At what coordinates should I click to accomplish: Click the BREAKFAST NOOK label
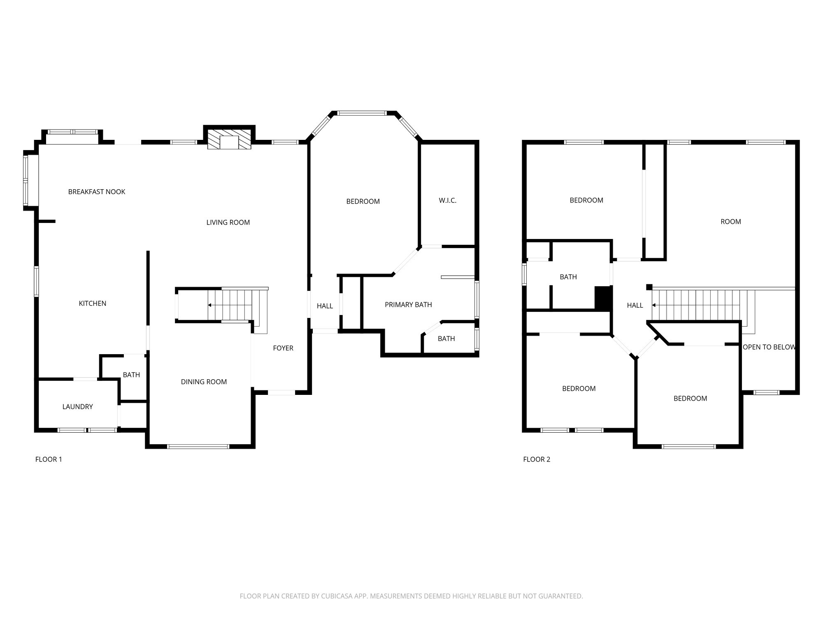click(x=97, y=192)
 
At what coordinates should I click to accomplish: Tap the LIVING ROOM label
click(x=228, y=223)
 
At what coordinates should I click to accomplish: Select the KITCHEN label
click(x=93, y=304)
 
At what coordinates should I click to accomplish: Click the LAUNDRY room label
click(x=77, y=407)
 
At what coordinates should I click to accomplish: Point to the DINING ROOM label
click(x=204, y=382)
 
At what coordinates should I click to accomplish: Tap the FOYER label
click(x=283, y=348)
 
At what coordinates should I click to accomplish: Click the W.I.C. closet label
click(x=448, y=201)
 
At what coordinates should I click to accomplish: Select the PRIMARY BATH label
click(x=408, y=305)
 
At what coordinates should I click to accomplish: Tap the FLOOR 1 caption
click(x=49, y=459)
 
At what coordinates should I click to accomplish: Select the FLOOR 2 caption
click(x=537, y=459)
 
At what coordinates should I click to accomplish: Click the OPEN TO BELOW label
click(x=769, y=347)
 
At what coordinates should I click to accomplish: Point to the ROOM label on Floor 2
click(x=731, y=222)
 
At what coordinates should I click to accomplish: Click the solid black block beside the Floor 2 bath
click(x=603, y=298)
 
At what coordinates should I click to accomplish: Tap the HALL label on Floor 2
click(x=635, y=305)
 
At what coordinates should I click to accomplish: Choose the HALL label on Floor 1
click(x=325, y=306)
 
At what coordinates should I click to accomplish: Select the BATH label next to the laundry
click(x=131, y=375)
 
